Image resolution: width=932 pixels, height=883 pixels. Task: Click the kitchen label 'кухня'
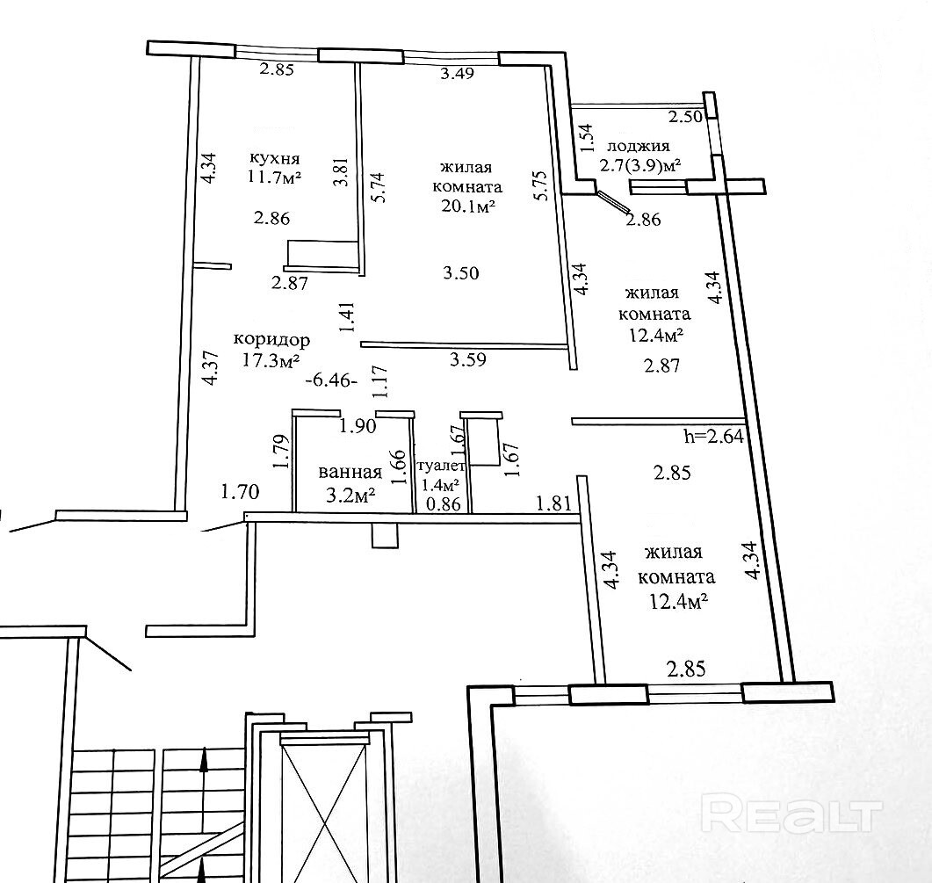coord(275,159)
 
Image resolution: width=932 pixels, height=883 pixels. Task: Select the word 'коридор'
coord(271,339)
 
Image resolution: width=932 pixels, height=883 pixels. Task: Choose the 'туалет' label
coord(444,467)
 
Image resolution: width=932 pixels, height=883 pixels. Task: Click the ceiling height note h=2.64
coord(714,437)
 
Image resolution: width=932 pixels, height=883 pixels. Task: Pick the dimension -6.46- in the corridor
coord(330,380)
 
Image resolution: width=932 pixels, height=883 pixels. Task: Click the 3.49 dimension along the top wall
coord(457,74)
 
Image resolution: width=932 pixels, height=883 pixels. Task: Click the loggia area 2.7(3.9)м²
coord(641,164)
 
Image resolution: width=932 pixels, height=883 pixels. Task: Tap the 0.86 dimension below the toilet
coord(443,504)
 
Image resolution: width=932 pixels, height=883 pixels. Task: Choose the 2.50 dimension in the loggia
coord(685,117)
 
